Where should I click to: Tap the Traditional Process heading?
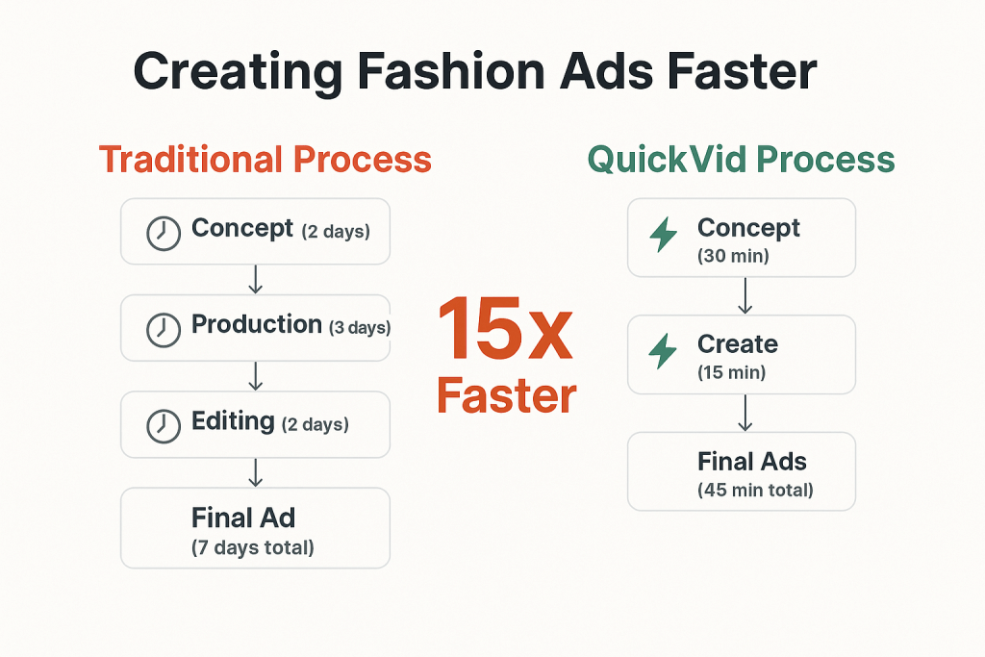[265, 159]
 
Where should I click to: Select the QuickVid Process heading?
[741, 159]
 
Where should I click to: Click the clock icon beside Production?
[163, 329]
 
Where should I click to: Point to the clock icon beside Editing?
[163, 425]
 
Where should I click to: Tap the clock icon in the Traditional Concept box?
[163, 233]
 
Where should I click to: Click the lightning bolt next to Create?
[663, 351]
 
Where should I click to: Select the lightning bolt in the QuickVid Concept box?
[663, 235]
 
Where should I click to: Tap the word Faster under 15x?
[506, 394]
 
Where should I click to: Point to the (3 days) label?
[359, 328]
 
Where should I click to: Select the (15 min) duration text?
[732, 372]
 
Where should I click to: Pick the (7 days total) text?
[253, 548]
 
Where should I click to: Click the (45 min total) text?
[755, 490]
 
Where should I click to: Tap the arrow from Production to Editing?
[255, 376]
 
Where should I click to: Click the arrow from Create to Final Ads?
[744, 413]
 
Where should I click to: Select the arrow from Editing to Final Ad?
[255, 472]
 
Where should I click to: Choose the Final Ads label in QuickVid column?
[751, 462]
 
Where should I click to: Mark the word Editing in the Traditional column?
[233, 420]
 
